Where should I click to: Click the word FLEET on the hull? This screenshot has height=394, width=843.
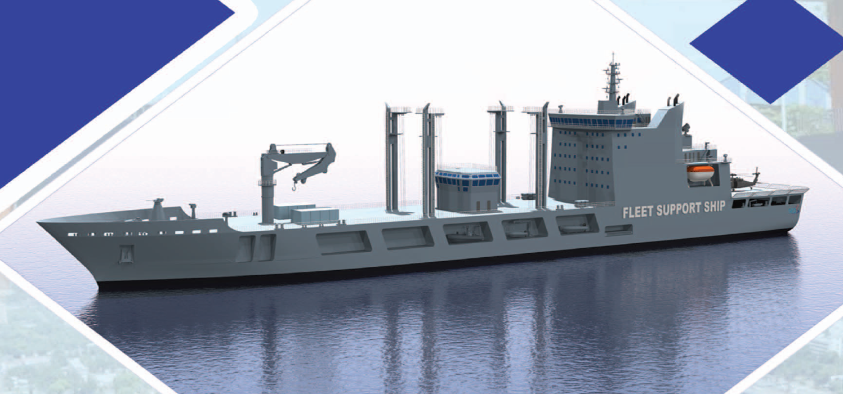click(x=638, y=212)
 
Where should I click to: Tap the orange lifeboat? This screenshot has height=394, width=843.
click(x=701, y=173)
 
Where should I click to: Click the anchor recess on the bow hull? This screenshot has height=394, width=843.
click(x=126, y=253)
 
